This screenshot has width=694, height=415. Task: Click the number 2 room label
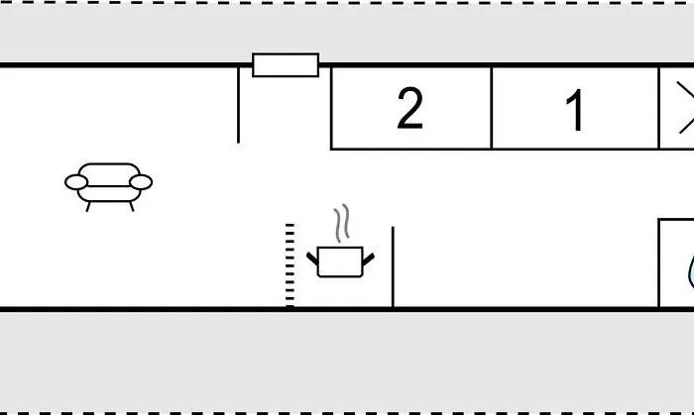click(x=409, y=108)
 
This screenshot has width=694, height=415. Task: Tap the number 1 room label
click(x=574, y=110)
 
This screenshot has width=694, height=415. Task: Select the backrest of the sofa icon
click(x=109, y=170)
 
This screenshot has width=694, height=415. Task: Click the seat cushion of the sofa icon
click(x=109, y=193)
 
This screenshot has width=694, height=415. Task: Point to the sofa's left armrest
click(x=76, y=182)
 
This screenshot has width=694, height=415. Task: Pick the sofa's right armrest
click(x=141, y=182)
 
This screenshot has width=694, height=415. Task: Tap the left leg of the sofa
click(x=88, y=206)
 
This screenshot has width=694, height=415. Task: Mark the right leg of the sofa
click(x=132, y=206)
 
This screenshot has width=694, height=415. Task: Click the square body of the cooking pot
click(x=340, y=262)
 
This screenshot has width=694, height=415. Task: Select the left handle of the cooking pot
click(x=312, y=259)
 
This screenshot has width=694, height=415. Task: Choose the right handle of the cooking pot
click(x=368, y=259)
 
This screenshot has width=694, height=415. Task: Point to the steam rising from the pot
click(x=342, y=223)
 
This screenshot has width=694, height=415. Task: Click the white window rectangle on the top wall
click(x=286, y=65)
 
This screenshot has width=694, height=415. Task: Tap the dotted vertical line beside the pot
click(x=289, y=265)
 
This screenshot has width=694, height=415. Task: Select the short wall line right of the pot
click(x=393, y=266)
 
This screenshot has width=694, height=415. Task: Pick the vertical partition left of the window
click(x=239, y=105)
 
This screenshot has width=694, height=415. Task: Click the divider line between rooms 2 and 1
click(x=492, y=108)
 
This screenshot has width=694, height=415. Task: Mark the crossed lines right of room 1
click(x=686, y=107)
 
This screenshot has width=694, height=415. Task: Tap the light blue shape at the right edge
click(x=691, y=272)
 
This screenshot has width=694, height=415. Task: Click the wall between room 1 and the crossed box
click(x=659, y=108)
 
